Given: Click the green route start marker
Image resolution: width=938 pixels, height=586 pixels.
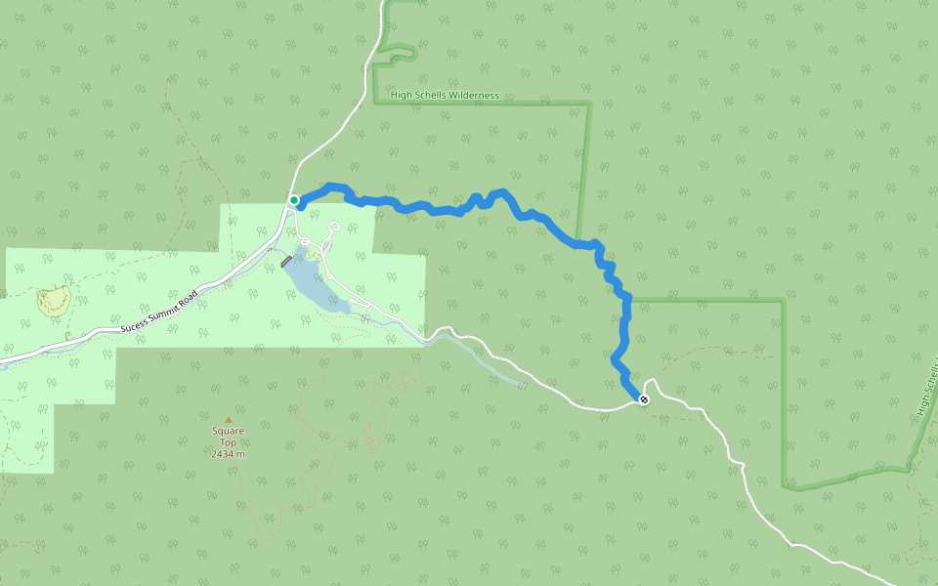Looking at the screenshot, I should [x=294, y=200].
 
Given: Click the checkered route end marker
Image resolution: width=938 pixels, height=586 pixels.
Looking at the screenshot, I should [x=643, y=399].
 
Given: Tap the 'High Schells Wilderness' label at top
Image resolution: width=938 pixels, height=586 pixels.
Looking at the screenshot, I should [x=445, y=96].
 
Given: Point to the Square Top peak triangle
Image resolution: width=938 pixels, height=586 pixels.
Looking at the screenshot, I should [x=229, y=420].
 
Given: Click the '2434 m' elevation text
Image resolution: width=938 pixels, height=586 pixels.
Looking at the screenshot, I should [x=228, y=454].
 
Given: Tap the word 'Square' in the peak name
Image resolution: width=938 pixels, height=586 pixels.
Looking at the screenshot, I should [x=228, y=431].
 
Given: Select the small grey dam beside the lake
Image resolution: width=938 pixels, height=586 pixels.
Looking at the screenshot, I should [x=286, y=262].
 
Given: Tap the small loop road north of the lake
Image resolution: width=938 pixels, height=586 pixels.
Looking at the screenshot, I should [x=333, y=229].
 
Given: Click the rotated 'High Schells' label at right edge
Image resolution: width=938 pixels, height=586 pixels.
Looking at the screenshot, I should [x=927, y=386].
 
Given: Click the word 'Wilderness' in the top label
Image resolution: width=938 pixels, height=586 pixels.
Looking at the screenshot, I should [x=476, y=96].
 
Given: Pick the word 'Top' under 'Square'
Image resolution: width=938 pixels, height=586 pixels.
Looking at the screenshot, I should [x=228, y=442].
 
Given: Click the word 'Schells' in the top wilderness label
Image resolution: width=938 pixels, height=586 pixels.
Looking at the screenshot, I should [x=429, y=96].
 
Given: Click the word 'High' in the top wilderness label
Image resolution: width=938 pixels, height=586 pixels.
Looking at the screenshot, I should [x=401, y=96].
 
